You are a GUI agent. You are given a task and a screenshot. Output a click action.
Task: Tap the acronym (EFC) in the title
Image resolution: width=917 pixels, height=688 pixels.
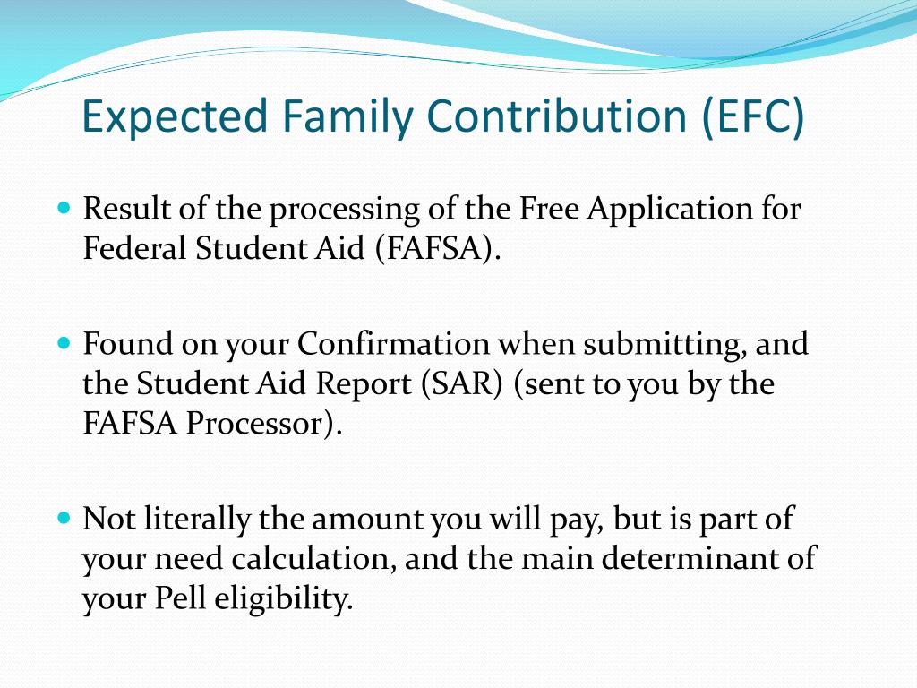[x=753, y=116]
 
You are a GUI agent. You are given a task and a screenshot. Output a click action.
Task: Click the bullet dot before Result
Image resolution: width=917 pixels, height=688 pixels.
[x=64, y=207]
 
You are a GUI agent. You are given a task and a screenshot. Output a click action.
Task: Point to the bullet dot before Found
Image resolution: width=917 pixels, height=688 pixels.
[x=64, y=341]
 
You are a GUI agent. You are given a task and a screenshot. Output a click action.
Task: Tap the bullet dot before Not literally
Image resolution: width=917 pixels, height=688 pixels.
[x=64, y=517]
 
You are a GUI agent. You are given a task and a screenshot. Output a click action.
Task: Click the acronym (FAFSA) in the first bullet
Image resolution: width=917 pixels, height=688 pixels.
[x=437, y=249]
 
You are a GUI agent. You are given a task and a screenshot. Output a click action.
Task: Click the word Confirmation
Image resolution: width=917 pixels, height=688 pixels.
[x=394, y=343]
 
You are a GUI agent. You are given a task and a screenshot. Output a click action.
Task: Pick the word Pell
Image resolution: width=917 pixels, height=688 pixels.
[x=180, y=598]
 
